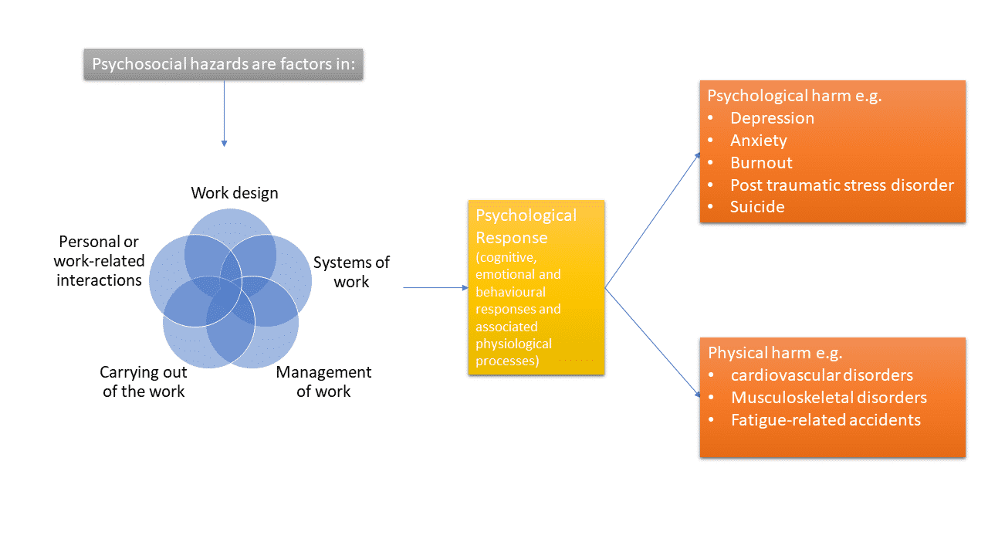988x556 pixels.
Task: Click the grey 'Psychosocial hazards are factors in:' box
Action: (x=223, y=64)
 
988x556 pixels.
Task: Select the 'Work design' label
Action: (x=235, y=192)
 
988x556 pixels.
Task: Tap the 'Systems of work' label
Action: (x=351, y=272)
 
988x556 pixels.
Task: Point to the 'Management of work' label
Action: (x=323, y=381)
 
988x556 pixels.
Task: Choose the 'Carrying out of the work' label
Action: (x=144, y=381)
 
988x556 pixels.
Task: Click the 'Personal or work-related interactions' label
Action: (x=99, y=261)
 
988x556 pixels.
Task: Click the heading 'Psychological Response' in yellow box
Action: (x=526, y=226)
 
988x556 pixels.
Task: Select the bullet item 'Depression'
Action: (x=772, y=118)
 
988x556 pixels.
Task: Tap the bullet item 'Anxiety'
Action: (x=758, y=141)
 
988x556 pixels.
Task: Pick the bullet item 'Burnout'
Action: (x=761, y=163)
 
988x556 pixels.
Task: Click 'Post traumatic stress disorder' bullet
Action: (x=841, y=185)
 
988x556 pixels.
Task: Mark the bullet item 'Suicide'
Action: (x=757, y=207)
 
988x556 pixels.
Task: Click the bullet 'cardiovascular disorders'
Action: (x=821, y=375)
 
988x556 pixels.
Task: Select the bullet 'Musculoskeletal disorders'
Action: (x=828, y=398)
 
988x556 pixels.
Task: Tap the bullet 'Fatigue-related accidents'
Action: (x=825, y=420)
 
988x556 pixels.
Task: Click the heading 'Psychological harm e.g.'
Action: (x=794, y=97)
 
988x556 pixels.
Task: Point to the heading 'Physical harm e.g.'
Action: (x=775, y=353)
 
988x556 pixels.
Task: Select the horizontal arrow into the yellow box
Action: (x=435, y=287)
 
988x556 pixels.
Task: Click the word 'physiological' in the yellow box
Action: (x=513, y=344)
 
